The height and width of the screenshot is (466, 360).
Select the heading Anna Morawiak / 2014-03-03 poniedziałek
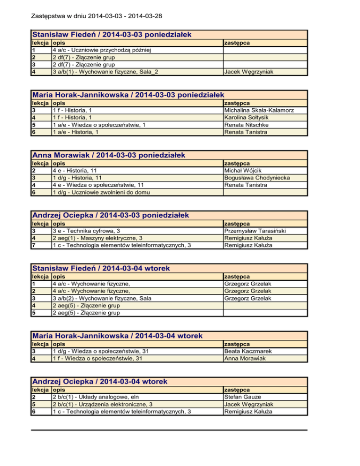(108, 155)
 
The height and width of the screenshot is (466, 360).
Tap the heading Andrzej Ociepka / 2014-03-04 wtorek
(99, 382)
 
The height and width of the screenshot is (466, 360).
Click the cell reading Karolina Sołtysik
(248, 117)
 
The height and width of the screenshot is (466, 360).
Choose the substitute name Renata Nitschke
(247, 125)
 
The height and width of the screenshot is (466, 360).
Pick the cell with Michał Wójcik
(242, 170)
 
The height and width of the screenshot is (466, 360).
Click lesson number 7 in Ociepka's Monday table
(33, 246)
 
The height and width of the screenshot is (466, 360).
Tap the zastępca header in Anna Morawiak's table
(237, 163)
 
